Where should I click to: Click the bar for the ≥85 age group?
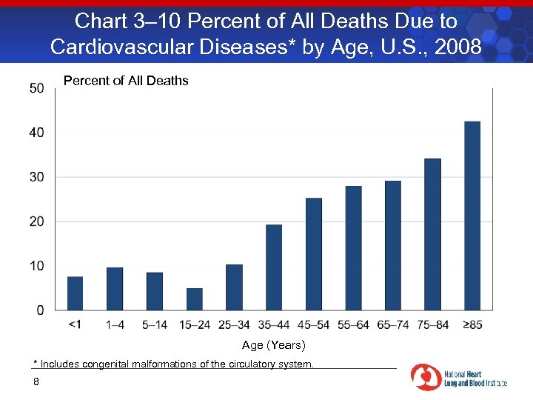click(472, 216)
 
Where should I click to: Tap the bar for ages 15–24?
click(195, 299)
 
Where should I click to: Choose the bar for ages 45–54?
click(314, 253)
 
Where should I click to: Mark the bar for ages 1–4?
click(115, 288)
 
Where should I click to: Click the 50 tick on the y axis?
click(36, 88)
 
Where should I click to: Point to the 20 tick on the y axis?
click(36, 221)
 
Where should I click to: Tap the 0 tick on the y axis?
click(40, 310)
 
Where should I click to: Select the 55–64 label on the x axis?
click(353, 324)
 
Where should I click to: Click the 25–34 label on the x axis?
click(234, 324)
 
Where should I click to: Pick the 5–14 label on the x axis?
click(155, 324)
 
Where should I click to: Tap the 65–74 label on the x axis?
click(393, 324)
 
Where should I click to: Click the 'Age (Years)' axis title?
click(273, 345)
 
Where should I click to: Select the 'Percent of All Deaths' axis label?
click(126, 81)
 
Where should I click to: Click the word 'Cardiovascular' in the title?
click(120, 47)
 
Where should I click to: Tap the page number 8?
click(36, 381)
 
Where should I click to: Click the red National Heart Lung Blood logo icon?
click(425, 377)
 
